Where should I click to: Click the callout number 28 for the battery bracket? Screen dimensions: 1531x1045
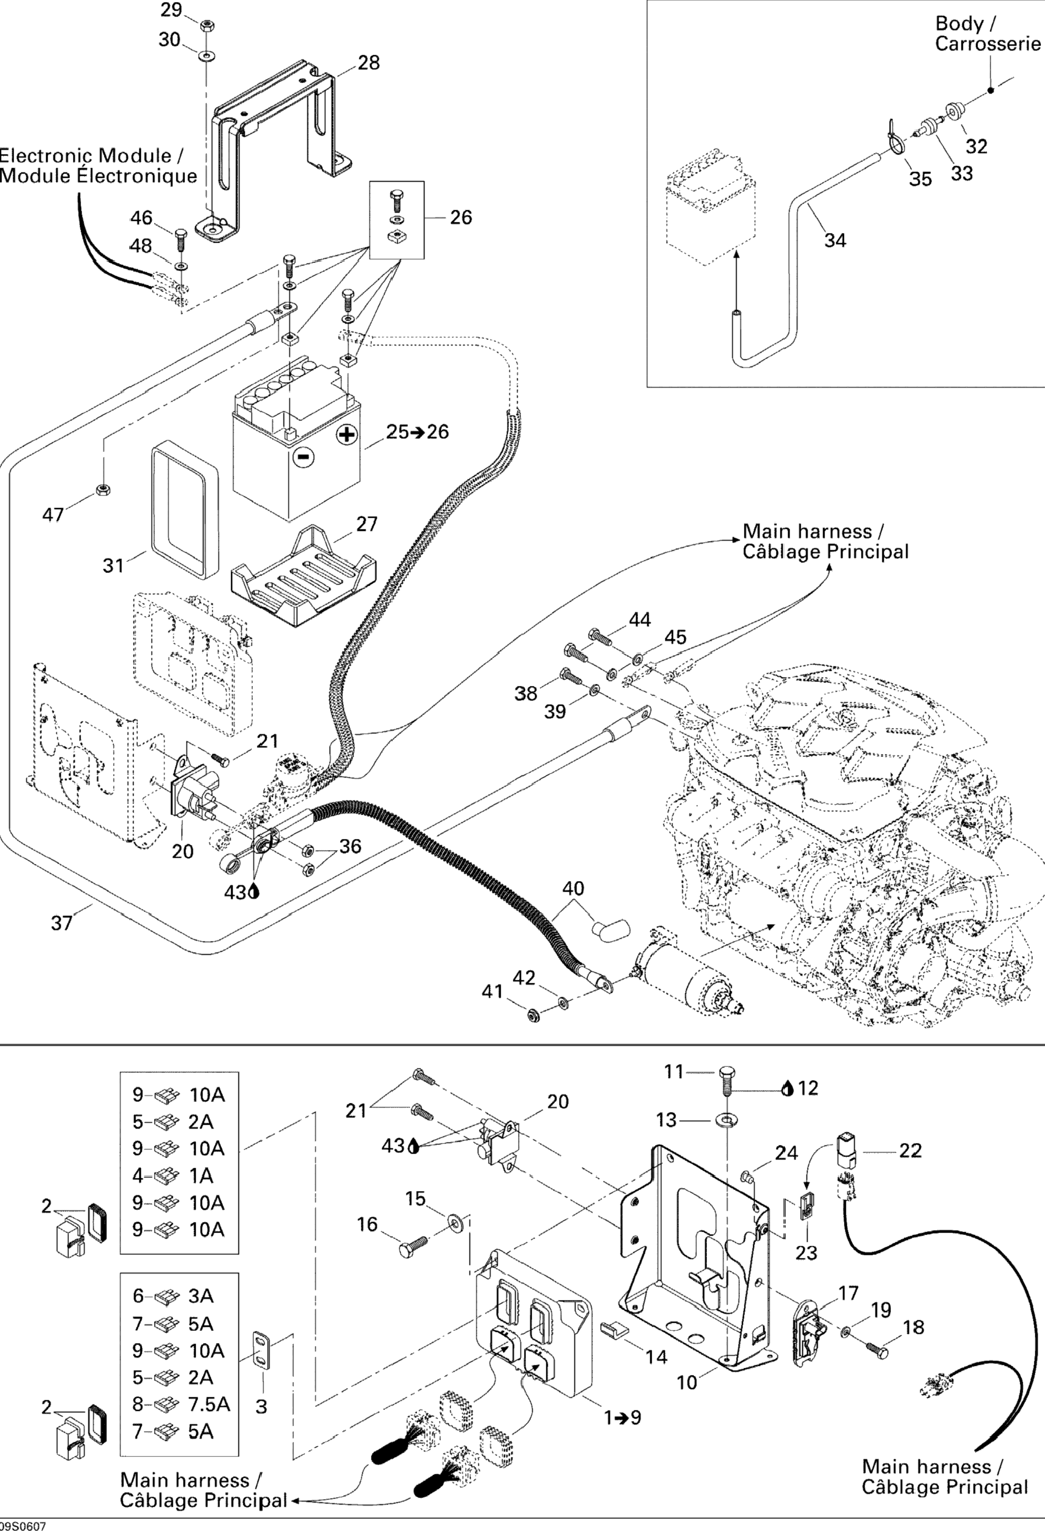pos(368,63)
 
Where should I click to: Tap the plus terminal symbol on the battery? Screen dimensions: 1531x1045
pos(347,434)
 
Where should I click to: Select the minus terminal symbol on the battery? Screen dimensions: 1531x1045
pos(303,456)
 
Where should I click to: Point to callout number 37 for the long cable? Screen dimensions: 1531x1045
pos(61,923)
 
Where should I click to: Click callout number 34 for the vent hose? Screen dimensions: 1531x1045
pos(835,241)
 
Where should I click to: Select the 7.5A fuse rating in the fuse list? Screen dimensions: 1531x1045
pos(209,1404)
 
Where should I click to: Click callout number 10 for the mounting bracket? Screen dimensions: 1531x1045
pos(687,1382)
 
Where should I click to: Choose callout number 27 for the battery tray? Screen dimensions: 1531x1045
pos(366,524)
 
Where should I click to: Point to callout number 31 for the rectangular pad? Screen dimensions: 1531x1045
pos(114,565)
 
